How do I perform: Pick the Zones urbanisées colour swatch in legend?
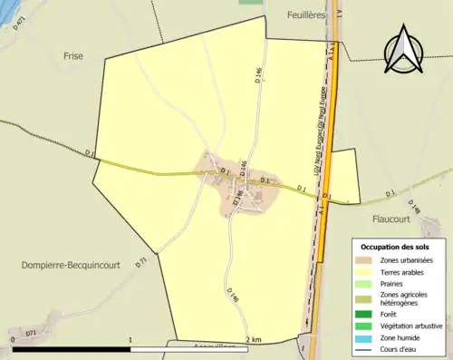point(365,260)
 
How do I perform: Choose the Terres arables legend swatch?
point(365,271)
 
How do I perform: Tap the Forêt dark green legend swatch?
point(365,315)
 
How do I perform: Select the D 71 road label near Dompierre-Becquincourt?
point(140,263)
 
